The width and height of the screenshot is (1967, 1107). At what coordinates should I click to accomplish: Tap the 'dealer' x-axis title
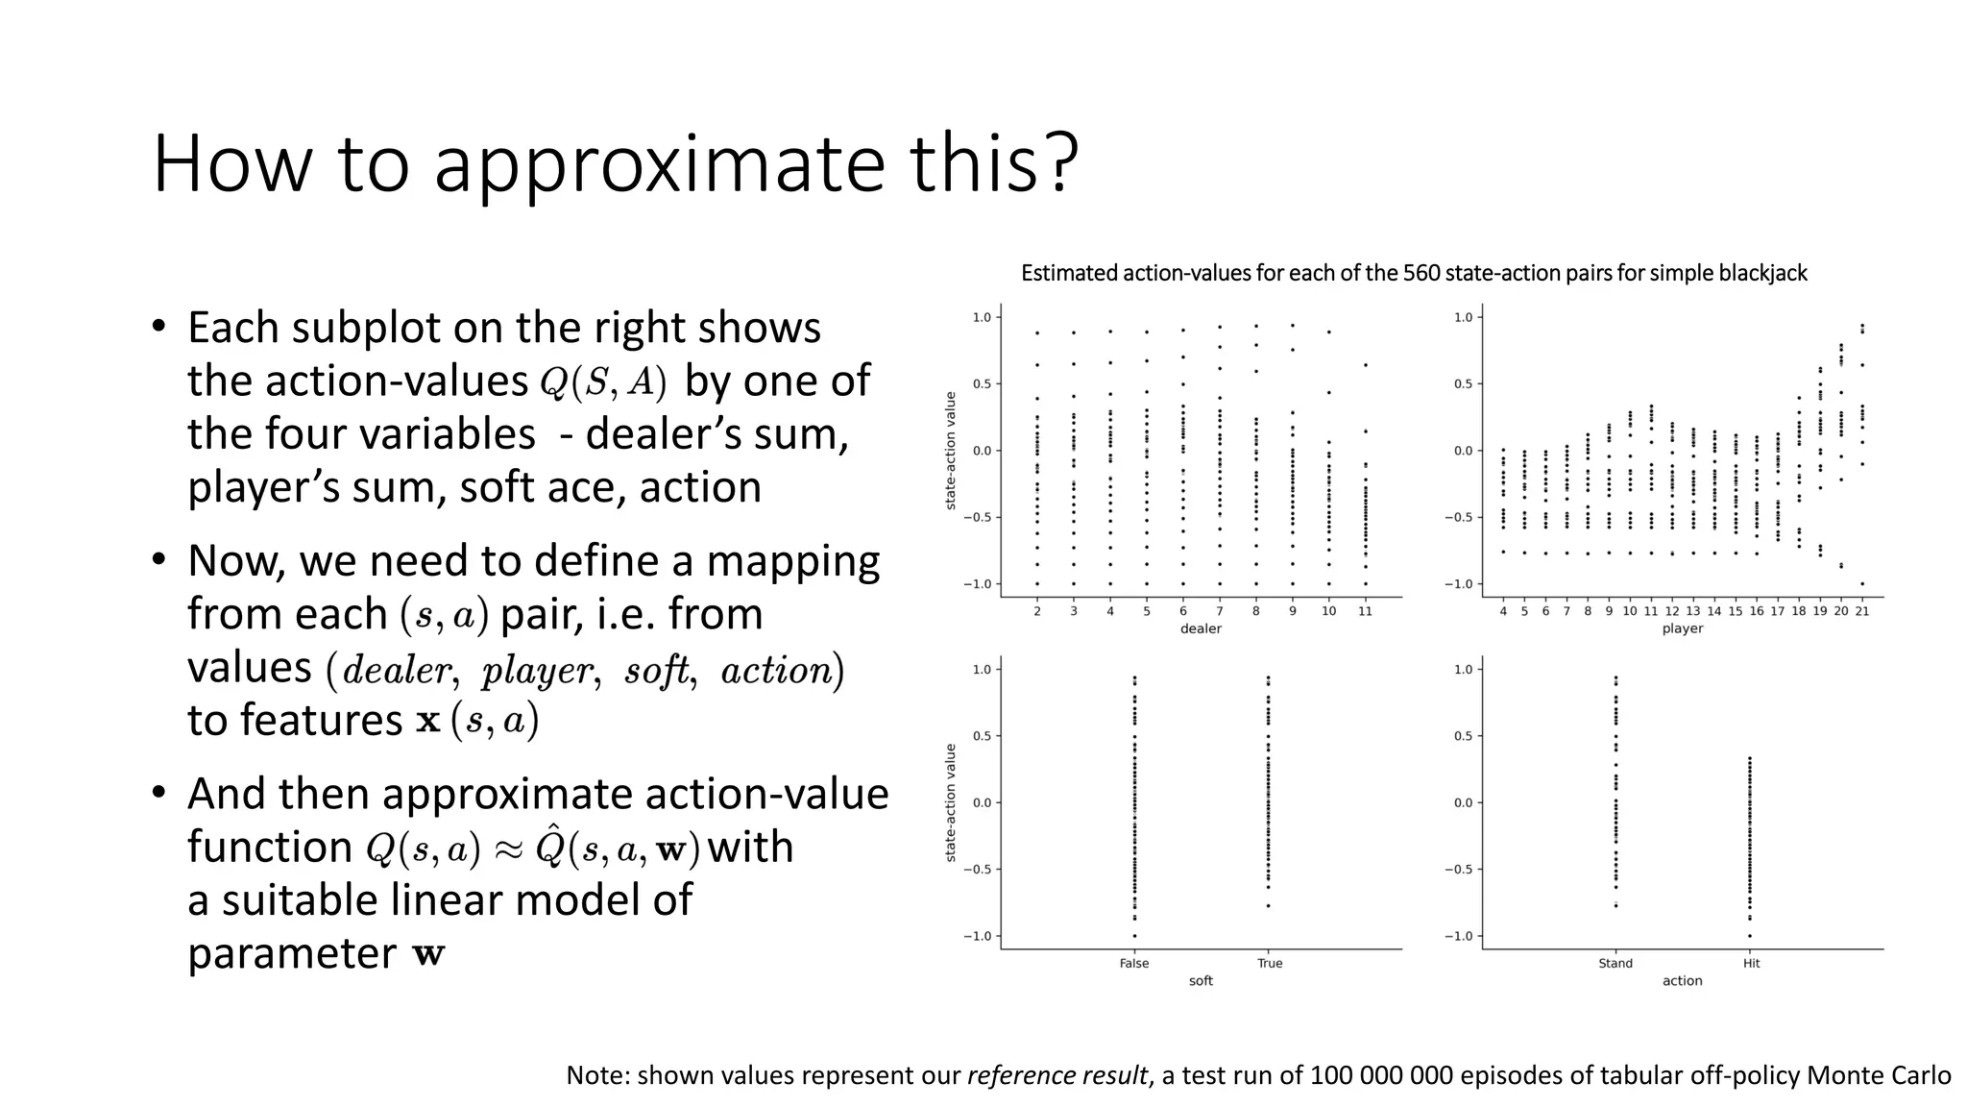click(1201, 628)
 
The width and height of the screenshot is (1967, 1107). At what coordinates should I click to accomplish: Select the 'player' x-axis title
click(1682, 628)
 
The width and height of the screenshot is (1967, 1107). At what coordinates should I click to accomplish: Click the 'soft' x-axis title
click(1201, 981)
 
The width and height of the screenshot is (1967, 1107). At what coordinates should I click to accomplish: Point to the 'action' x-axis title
click(1682, 981)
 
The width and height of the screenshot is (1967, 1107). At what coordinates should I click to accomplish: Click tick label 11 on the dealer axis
click(1365, 611)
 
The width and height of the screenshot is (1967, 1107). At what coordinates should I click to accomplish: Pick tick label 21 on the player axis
click(1861, 611)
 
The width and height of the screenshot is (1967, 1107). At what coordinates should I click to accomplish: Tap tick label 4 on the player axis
click(1503, 611)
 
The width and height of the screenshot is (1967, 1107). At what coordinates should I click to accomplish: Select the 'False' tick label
click(1133, 963)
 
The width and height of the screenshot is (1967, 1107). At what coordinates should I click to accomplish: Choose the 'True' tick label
click(1269, 963)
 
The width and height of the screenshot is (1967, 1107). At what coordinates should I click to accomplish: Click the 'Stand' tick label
click(1615, 963)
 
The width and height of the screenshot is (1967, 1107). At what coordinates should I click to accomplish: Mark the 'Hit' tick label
click(1751, 963)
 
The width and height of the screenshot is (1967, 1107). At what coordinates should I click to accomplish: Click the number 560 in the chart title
click(1421, 274)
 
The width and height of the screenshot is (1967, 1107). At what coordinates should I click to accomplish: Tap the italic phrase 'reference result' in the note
click(1057, 1075)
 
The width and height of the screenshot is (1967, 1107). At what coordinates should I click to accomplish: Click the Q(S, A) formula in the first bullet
click(602, 381)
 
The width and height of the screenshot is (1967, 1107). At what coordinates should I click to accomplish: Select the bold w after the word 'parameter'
click(428, 955)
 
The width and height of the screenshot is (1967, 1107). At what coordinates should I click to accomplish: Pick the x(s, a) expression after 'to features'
click(477, 721)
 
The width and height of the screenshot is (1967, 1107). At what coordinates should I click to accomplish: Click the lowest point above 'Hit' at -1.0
click(1749, 936)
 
